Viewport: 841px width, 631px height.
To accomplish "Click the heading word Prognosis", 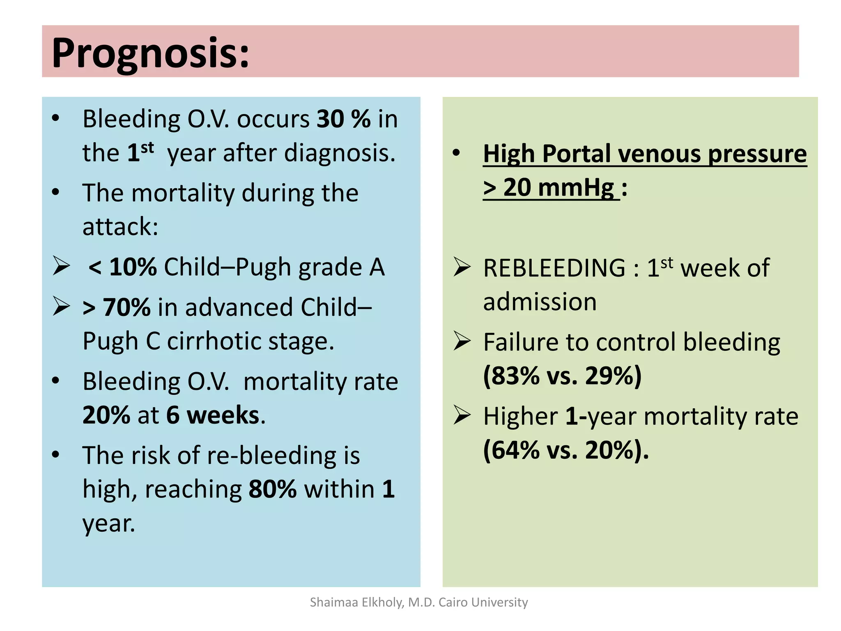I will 150,53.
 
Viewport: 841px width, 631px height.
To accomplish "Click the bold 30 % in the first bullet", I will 343,120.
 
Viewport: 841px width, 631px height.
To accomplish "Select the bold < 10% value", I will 122,267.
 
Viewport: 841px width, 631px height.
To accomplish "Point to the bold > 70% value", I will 117,308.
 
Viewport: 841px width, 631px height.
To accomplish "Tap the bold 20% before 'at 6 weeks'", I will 106,415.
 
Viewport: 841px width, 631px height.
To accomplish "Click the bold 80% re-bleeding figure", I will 272,489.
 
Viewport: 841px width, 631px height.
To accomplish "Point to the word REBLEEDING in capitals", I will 554,268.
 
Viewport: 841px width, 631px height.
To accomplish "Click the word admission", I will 540,302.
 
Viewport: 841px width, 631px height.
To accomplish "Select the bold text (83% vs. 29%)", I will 562,375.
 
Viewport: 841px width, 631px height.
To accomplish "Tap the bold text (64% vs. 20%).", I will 565,450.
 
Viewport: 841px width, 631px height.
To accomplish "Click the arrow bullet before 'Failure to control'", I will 462,341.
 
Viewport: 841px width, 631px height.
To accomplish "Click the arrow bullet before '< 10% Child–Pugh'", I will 61,266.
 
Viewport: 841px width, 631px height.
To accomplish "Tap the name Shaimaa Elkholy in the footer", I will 356,602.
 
